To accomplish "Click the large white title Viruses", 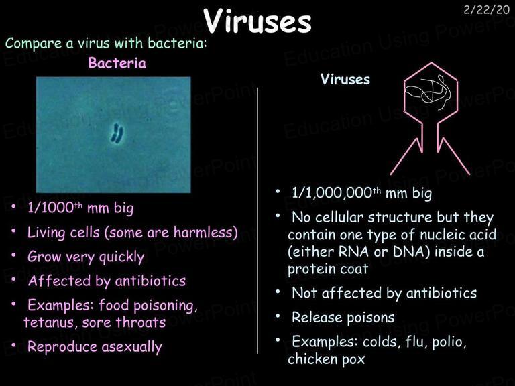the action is (x=257, y=21).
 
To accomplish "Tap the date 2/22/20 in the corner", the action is (x=486, y=10).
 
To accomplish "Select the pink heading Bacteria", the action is (x=117, y=63).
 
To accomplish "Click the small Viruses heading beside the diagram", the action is (x=345, y=80).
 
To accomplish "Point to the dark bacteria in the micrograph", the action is (x=117, y=133).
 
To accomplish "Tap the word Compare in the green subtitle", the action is (x=34, y=44).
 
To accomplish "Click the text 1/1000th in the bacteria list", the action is (x=55, y=208).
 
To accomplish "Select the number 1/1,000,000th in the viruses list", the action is (x=337, y=193).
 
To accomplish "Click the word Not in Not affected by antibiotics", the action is (x=304, y=293).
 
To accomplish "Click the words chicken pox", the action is (x=326, y=359).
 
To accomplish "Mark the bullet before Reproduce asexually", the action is (x=13, y=345).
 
